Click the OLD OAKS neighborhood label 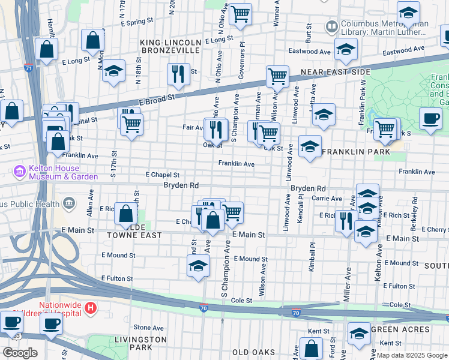253,352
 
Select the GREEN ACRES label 400,329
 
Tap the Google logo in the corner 20,353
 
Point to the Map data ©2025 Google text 411,355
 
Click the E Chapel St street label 163,175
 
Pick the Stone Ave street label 149,328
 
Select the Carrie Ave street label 327,199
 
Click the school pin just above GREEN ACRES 359,332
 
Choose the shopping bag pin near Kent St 311,347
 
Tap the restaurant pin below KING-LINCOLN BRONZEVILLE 178,74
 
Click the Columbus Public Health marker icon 70,203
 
